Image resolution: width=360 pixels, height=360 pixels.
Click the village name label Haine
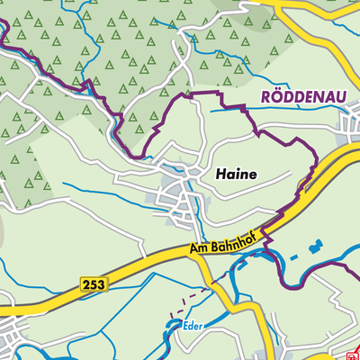[237, 175]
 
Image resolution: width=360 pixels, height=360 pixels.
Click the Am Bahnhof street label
[224, 240]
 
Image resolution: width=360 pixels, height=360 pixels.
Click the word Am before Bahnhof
[198, 247]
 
